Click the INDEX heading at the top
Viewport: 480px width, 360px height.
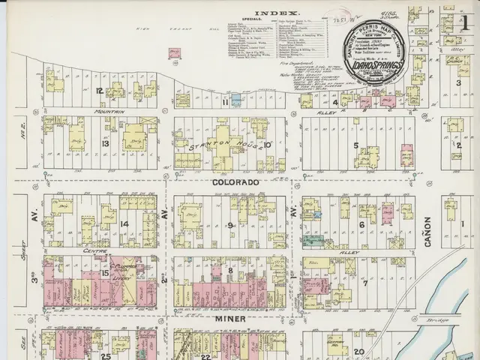click(x=277, y=13)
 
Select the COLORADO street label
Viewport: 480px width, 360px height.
click(x=235, y=182)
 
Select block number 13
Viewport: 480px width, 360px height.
click(x=106, y=142)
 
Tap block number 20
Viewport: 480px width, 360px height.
click(x=359, y=351)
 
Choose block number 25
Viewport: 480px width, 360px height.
click(x=106, y=355)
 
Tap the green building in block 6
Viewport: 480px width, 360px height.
click(x=313, y=240)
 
